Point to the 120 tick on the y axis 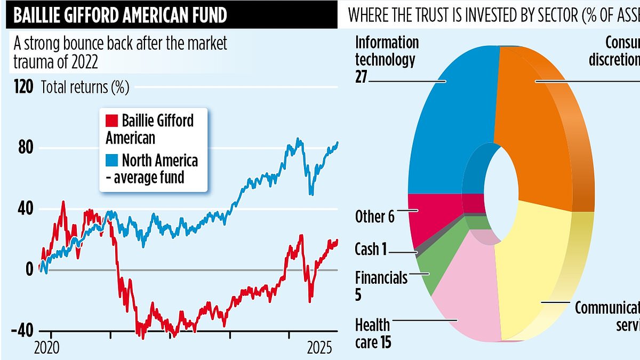pyautogui.click(x=25, y=87)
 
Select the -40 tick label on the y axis pyautogui.click(x=22, y=331)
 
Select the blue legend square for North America pyautogui.click(x=112, y=159)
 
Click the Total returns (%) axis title pyautogui.click(x=85, y=87)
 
